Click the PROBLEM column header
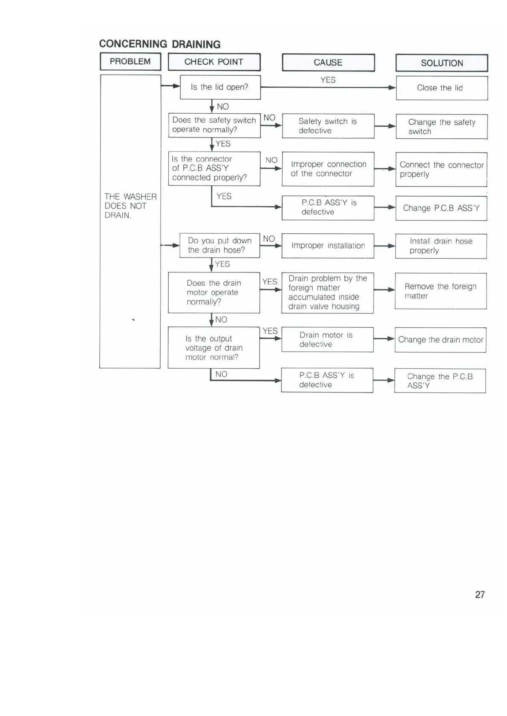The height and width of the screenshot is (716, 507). coord(130,62)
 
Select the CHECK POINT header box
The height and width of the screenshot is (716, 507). coord(214,62)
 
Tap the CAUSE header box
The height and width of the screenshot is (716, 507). coord(328,63)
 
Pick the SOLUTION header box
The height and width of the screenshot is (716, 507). coord(442,63)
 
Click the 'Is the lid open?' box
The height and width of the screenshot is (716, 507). coord(220,87)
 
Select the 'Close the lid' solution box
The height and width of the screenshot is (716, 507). coord(441,88)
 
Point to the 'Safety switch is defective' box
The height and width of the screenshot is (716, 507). coord(328,126)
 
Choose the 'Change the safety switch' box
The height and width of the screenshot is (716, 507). coord(441,127)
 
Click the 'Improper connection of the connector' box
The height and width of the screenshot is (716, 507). coord(328,169)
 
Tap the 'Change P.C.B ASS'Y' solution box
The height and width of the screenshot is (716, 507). coord(441,208)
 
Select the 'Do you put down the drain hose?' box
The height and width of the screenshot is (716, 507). coord(219,245)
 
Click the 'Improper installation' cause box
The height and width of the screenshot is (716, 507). coord(328,246)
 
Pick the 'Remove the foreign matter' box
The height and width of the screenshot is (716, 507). coord(441,291)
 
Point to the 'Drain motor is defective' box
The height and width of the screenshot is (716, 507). coord(327,340)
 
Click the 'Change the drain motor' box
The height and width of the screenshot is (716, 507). coord(441,340)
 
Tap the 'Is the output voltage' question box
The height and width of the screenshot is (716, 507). coord(213,348)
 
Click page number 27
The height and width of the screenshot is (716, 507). coord(480,595)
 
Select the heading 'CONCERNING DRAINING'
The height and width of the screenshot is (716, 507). coord(160,44)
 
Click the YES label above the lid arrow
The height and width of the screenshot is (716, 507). coord(328,80)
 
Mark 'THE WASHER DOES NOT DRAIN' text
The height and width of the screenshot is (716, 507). coord(130,206)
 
